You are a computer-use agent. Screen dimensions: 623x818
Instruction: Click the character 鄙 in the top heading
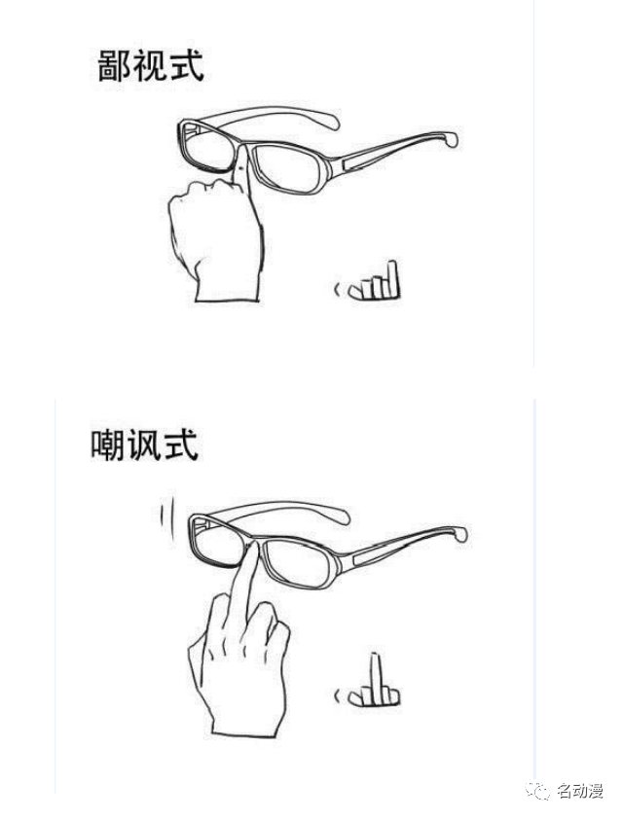114,65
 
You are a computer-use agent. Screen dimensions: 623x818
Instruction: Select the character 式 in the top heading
186,65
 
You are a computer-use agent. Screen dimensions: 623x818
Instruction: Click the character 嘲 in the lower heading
108,445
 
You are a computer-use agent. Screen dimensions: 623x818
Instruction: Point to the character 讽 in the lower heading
144,445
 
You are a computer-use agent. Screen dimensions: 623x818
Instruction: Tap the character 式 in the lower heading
181,445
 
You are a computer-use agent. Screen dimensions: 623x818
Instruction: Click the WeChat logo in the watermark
538,791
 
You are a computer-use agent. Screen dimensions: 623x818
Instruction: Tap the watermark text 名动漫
580,791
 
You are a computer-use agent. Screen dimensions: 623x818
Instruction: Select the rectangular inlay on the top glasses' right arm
361,161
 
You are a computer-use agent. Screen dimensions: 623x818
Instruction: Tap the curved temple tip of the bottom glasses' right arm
460,534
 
